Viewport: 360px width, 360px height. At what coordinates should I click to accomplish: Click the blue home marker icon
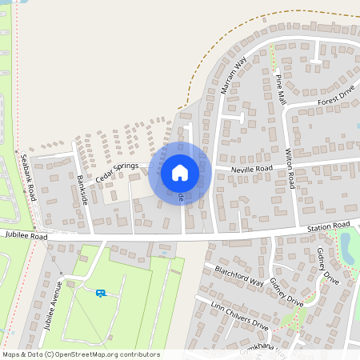(180, 172)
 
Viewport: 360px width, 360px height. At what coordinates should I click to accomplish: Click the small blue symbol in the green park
(100, 293)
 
